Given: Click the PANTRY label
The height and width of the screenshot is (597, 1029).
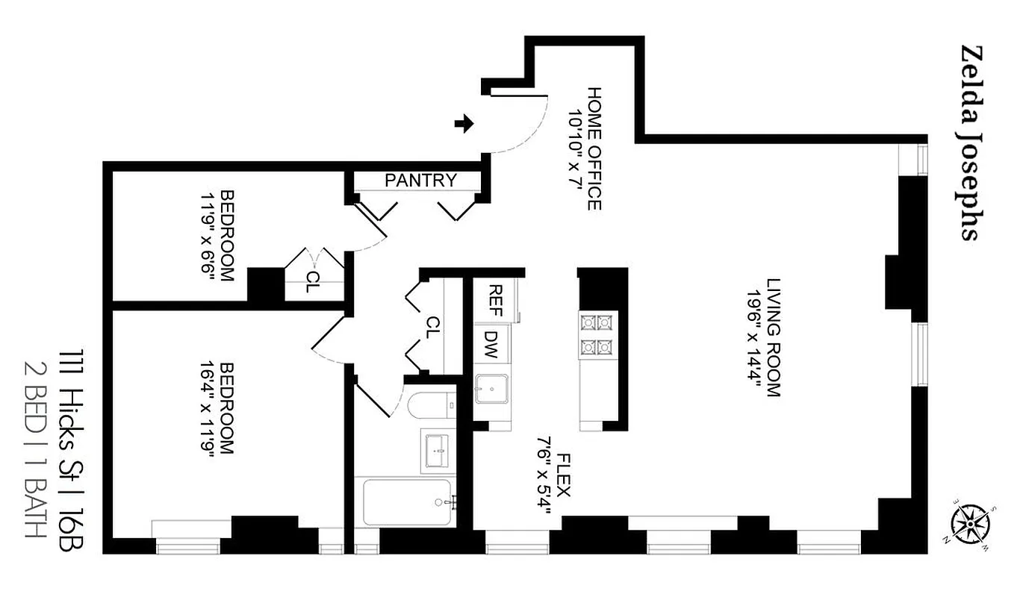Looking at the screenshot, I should click(x=420, y=180).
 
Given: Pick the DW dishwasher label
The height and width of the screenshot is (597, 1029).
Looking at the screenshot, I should click(x=491, y=346).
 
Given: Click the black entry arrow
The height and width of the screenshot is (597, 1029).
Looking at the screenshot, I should click(x=464, y=124).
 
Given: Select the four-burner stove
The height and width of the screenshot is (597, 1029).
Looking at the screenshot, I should click(x=597, y=334).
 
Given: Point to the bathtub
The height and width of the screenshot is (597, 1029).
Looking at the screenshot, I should click(x=407, y=502).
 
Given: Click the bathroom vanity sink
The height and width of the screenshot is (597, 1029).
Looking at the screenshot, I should click(x=438, y=451).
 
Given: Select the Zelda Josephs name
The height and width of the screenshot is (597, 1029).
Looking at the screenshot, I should click(x=969, y=143).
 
